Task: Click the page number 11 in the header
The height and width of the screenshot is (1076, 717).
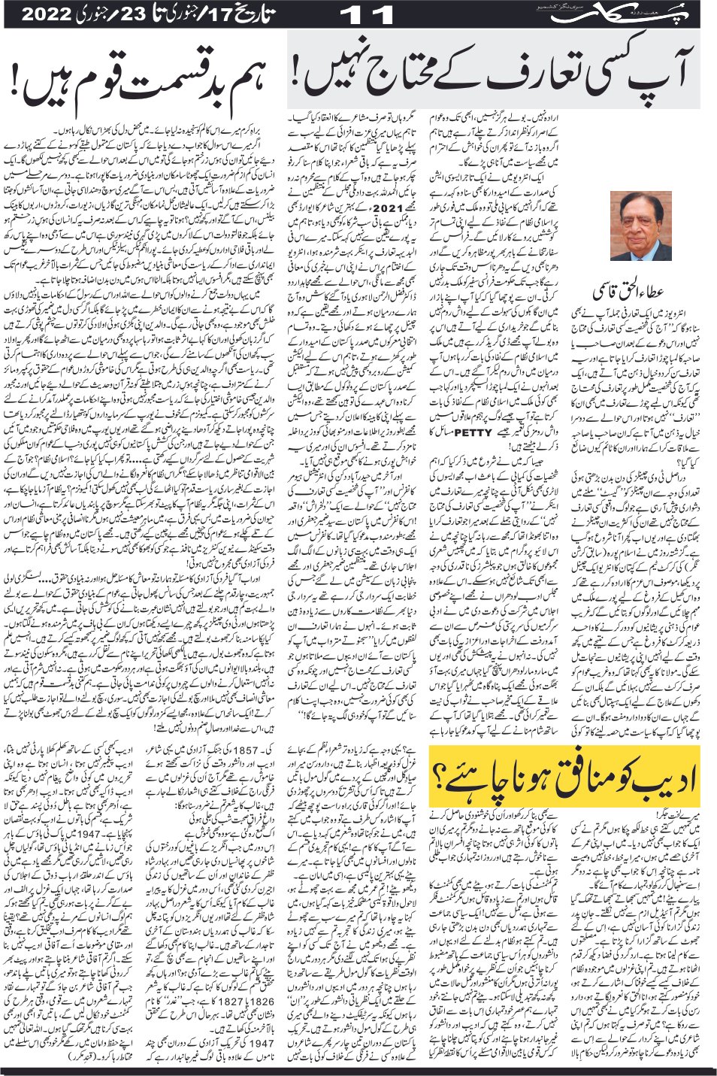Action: point(367,14)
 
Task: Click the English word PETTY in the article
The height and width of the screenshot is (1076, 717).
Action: point(473,432)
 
